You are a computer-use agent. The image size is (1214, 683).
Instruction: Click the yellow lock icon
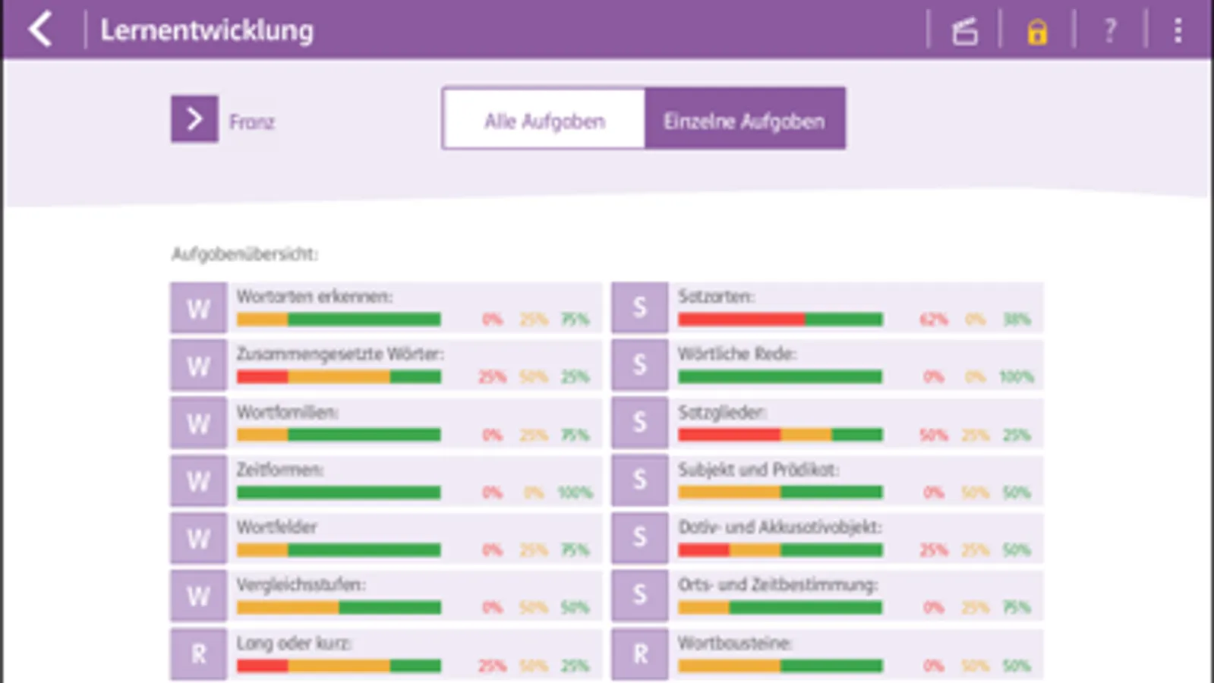coord(1037,32)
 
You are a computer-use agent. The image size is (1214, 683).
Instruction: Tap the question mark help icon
coord(1109,31)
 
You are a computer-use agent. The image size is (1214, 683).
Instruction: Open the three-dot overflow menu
coord(1178,31)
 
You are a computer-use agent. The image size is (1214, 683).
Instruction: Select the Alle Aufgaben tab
coord(544,121)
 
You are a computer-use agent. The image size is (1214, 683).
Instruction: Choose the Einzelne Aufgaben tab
coord(744,121)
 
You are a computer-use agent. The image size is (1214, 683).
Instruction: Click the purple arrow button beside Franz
coord(194,119)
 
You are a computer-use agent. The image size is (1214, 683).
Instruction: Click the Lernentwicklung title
coord(207,30)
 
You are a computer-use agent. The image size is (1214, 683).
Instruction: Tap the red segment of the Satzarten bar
coord(741,319)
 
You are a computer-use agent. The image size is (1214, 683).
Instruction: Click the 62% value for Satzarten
coord(933,319)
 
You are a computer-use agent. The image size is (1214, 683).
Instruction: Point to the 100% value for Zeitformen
coord(575,493)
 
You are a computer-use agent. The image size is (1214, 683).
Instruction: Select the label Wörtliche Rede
coord(736,354)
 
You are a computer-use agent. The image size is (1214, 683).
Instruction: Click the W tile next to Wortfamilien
coord(198,423)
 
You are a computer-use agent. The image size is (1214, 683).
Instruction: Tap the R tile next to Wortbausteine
coord(640,653)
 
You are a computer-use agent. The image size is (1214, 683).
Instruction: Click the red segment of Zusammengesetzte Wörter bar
coord(262,377)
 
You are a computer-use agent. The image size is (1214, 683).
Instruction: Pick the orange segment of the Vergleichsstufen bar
coord(287,608)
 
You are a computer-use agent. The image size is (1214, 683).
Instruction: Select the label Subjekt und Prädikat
coord(758,470)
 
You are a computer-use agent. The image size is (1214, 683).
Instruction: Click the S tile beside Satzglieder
coord(640,423)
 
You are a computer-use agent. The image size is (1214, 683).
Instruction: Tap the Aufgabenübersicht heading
coord(244,253)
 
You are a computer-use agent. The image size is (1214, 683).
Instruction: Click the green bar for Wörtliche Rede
coord(780,377)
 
